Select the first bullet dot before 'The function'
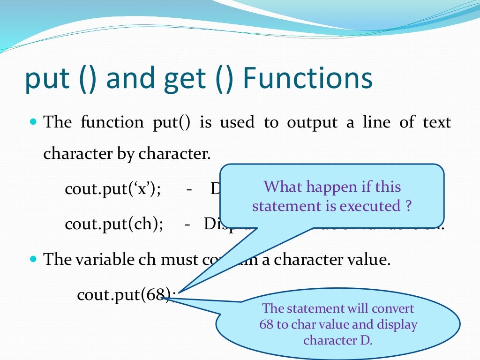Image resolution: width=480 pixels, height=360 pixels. pyautogui.click(x=33, y=122)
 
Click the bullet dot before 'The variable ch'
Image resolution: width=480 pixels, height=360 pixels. pyautogui.click(x=33, y=259)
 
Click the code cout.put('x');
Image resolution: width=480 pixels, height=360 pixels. pyautogui.click(x=113, y=190)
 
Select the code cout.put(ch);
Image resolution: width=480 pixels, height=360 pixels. pyautogui.click(x=114, y=224)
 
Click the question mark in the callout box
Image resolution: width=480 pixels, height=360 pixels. pyautogui.click(x=409, y=206)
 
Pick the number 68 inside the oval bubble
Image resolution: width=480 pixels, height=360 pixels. pyautogui.click(x=266, y=324)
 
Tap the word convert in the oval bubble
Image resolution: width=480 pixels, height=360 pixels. pyautogui.click(x=393, y=308)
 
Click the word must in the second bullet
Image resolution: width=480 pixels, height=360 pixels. pyautogui.click(x=177, y=259)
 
